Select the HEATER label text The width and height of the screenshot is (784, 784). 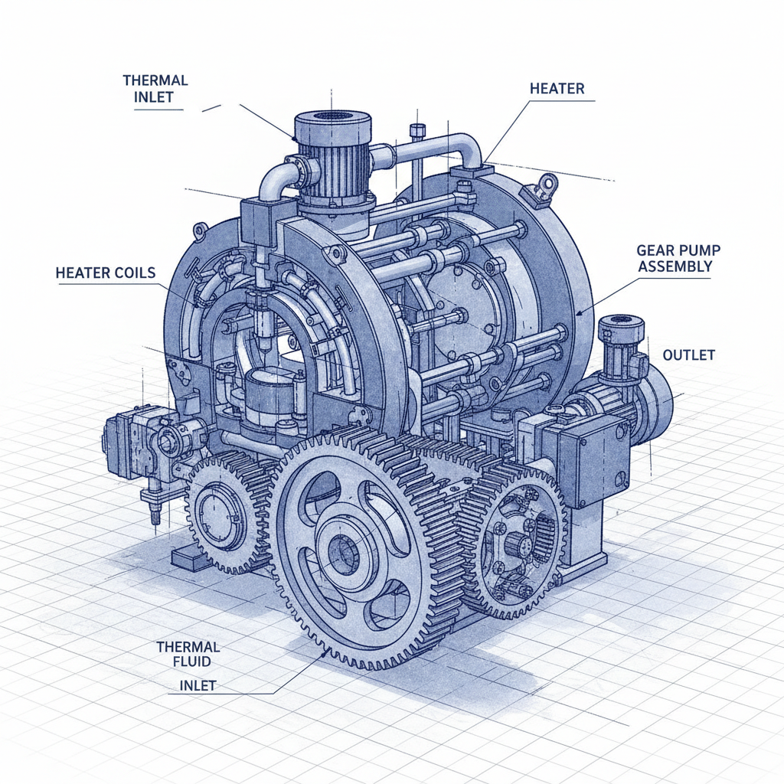coord(557,89)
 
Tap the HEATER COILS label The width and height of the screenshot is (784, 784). coord(106,273)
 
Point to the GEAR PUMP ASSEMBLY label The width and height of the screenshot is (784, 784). coord(674,258)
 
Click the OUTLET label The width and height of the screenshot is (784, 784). coord(688,355)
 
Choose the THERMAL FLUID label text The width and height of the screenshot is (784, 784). coord(188,654)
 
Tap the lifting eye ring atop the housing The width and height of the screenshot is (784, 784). coord(547,183)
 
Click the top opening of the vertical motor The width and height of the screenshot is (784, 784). coord(332,117)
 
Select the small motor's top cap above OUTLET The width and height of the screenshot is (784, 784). coord(620,326)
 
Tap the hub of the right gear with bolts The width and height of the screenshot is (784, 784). coord(517,545)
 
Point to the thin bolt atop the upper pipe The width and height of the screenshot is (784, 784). coord(416,132)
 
